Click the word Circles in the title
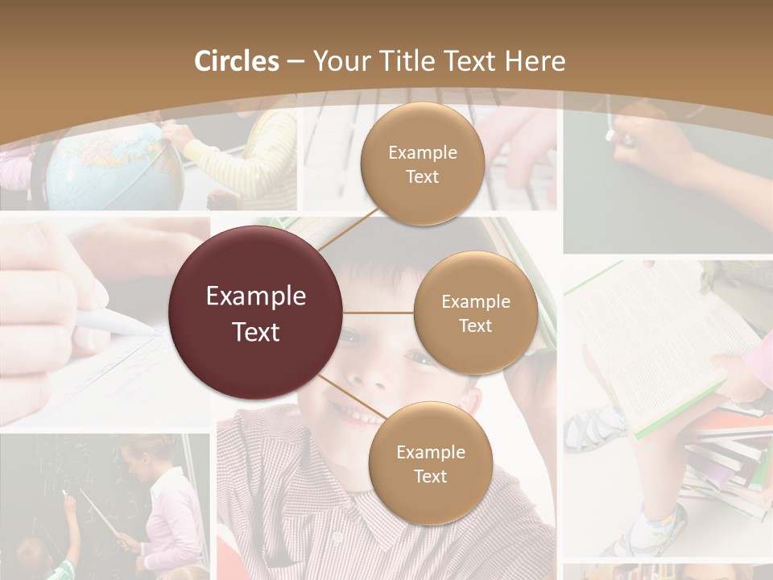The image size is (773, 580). point(236,61)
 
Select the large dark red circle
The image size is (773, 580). point(256,313)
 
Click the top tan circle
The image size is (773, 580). point(422,164)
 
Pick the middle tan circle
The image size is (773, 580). point(475,313)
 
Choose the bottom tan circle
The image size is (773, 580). point(430,463)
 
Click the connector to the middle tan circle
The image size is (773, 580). point(378,313)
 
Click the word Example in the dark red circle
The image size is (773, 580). point(256,296)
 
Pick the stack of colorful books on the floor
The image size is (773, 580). point(729,459)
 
